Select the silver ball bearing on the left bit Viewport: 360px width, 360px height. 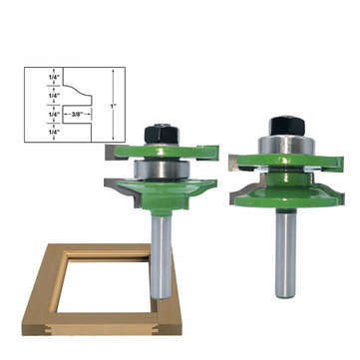point(159,171)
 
